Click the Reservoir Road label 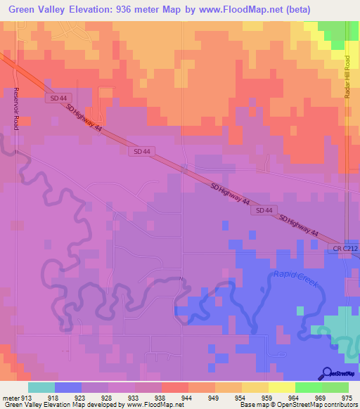click(x=15, y=108)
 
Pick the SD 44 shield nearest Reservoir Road click(x=59, y=98)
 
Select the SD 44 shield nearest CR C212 click(x=264, y=210)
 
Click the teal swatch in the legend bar click(x=41, y=387)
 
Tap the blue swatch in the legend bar click(x=68, y=387)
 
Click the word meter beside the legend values click(x=10, y=397)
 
